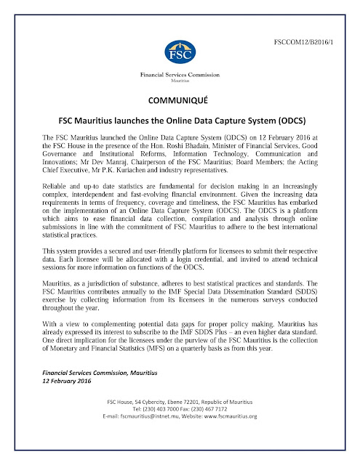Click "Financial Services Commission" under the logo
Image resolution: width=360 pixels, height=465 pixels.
(179, 75)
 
